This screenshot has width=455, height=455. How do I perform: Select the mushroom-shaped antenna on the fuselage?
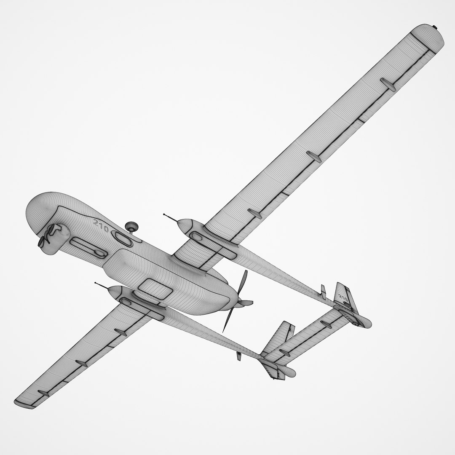point(132,226)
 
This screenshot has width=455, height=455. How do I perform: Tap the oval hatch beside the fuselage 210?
point(123,238)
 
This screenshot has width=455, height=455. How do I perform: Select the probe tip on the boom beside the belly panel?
point(96,283)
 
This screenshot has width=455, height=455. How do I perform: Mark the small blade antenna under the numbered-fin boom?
point(324,291)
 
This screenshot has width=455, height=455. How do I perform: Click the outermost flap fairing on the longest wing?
point(388,83)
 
